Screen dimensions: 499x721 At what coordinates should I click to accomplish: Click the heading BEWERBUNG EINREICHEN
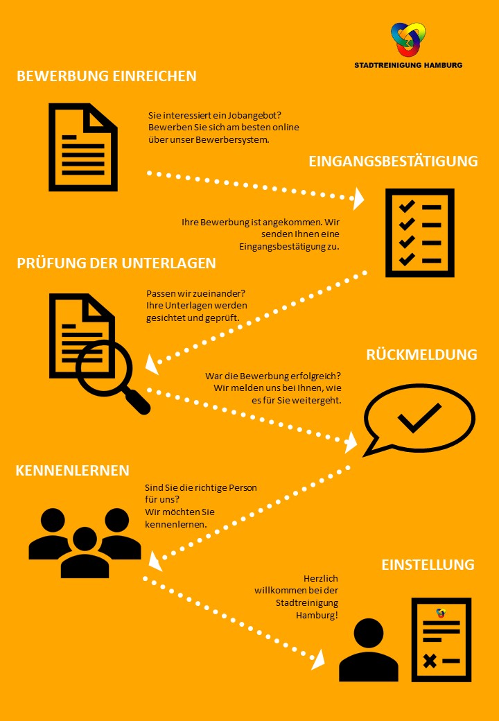(x=107, y=76)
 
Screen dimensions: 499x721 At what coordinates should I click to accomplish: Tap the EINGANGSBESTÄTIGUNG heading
(x=394, y=162)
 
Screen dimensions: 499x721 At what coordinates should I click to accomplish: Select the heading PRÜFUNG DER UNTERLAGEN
(x=116, y=263)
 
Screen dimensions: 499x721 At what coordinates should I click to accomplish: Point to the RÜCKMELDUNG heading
(x=422, y=354)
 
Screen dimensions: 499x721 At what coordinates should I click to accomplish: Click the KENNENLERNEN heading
(x=73, y=471)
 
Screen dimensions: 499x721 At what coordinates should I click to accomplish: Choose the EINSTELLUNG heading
(x=428, y=564)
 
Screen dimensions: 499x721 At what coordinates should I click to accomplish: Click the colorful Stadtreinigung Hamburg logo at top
(x=408, y=40)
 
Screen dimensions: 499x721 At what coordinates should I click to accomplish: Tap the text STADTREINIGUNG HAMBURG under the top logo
(x=408, y=65)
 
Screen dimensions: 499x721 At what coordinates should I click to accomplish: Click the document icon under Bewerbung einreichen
(x=83, y=147)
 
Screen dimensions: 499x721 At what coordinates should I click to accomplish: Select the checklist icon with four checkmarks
(x=420, y=233)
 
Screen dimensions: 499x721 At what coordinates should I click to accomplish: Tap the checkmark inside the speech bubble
(x=419, y=417)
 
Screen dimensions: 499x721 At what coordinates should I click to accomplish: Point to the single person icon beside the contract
(x=369, y=650)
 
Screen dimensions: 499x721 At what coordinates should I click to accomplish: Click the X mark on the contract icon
(x=430, y=661)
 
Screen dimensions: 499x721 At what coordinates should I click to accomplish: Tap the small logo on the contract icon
(x=441, y=613)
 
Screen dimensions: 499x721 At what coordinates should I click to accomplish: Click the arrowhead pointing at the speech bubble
(x=351, y=442)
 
